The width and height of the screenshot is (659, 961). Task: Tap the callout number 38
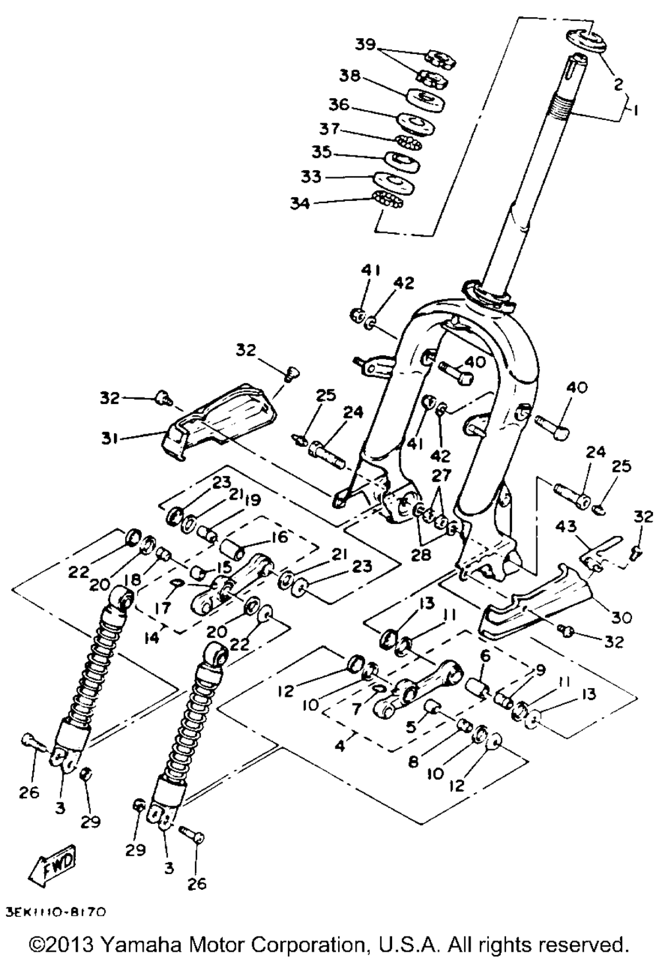tap(350, 76)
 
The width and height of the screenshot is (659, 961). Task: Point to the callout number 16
tap(279, 538)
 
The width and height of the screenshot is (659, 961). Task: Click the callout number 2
tap(617, 84)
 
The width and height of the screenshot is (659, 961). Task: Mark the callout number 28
tap(421, 556)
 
